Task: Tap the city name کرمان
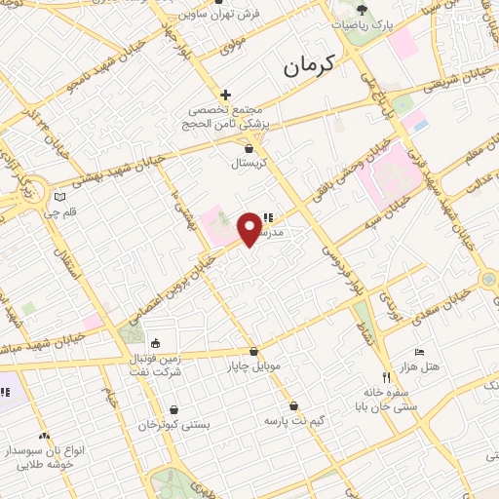[x=309, y=66]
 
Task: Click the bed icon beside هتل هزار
[x=420, y=352]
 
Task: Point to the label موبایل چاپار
[x=255, y=366]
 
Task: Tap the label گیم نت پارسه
[x=293, y=422]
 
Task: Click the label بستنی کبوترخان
[x=174, y=425]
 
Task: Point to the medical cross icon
[x=225, y=95]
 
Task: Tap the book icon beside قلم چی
[x=59, y=196]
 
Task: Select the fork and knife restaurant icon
[x=385, y=376]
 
